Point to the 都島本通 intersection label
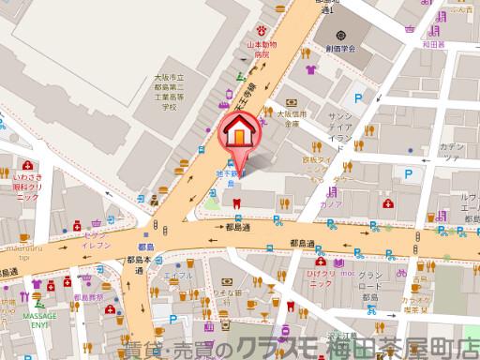click(138, 263)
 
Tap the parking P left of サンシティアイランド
click(356, 98)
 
